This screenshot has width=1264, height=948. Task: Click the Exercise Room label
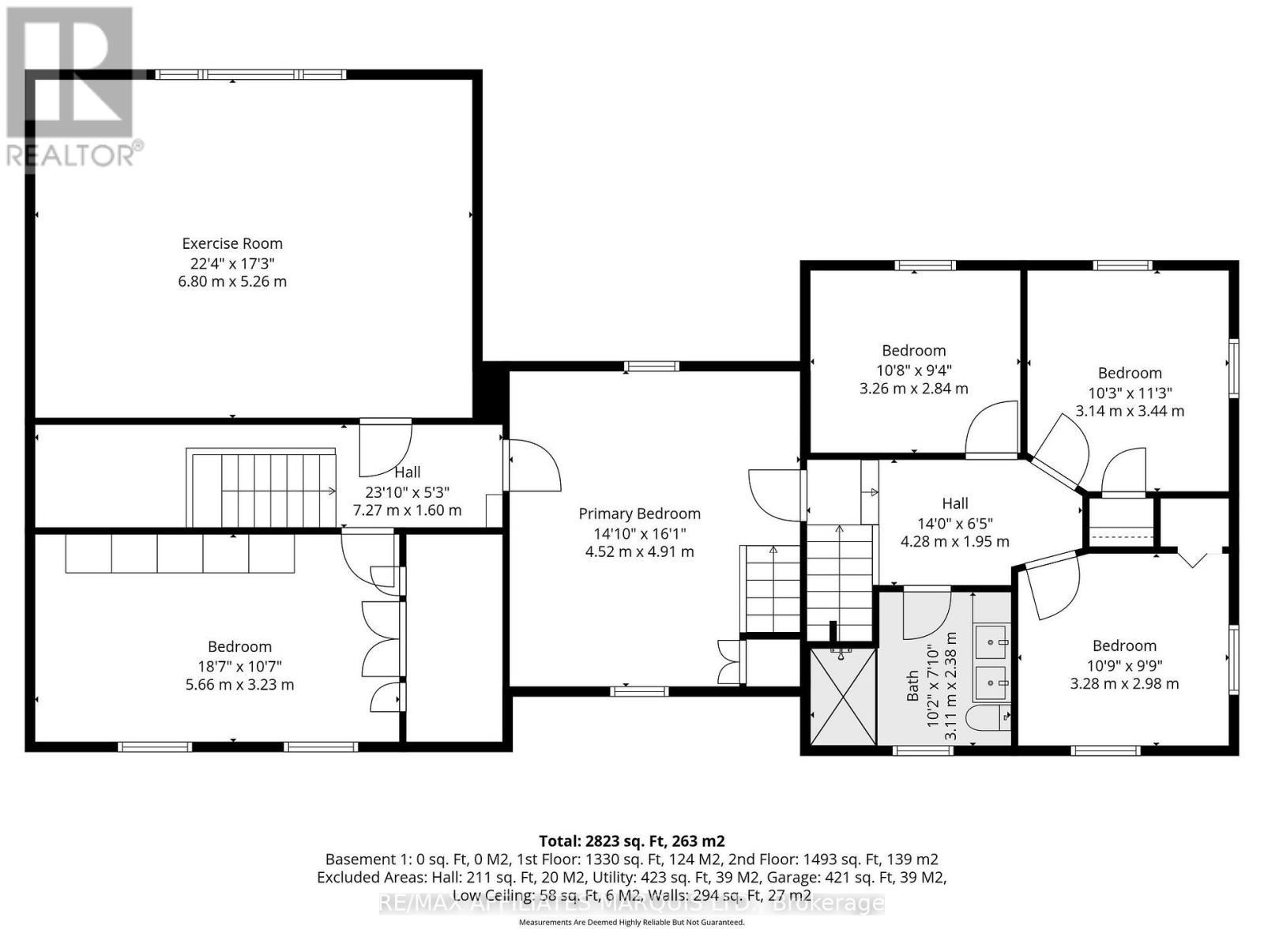pyautogui.click(x=232, y=243)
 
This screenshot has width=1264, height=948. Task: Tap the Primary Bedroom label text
pyautogui.click(x=639, y=513)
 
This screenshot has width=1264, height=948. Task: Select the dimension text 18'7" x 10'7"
pyautogui.click(x=239, y=666)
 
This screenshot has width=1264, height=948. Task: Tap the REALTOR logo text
pyautogui.click(x=75, y=155)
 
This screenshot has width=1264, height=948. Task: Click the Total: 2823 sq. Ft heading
pyautogui.click(x=631, y=841)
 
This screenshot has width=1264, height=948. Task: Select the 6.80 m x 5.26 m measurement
pyautogui.click(x=232, y=281)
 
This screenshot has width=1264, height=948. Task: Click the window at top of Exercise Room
pyautogui.click(x=250, y=74)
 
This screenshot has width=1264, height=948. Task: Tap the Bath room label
pyautogui.click(x=913, y=687)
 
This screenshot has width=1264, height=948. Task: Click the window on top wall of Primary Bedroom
pyautogui.click(x=651, y=366)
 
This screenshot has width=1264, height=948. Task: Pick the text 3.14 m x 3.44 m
pyautogui.click(x=1130, y=411)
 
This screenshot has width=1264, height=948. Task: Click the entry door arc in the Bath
pyautogui.click(x=926, y=614)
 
